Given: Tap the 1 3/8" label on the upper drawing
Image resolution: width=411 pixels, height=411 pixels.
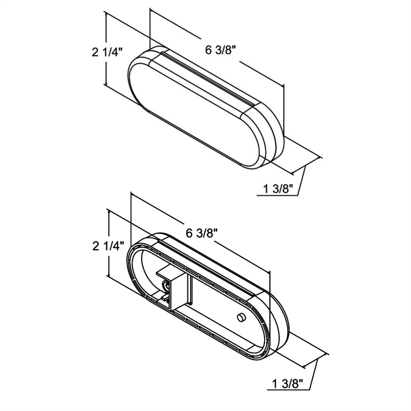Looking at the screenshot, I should (x=277, y=189).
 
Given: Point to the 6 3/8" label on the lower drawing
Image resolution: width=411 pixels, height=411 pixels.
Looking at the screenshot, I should (x=202, y=233).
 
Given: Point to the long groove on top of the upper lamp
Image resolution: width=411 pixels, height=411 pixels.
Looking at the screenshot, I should (x=206, y=77).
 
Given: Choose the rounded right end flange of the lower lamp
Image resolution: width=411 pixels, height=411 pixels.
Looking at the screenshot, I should (x=280, y=329).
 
